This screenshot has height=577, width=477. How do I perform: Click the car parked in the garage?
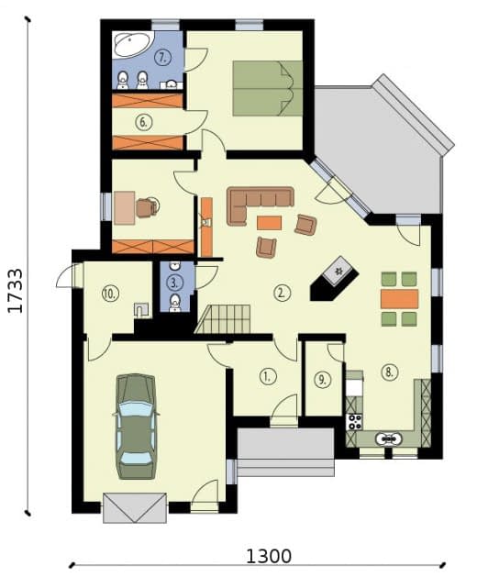(x=136, y=427)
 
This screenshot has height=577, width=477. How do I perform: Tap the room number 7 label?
(x=163, y=58)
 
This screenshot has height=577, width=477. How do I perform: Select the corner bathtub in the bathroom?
(x=132, y=45)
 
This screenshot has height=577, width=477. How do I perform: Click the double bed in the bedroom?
(x=268, y=88)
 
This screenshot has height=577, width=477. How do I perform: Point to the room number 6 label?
(x=143, y=122)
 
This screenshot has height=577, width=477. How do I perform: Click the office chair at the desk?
(x=148, y=207)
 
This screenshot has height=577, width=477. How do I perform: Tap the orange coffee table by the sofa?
(x=269, y=223)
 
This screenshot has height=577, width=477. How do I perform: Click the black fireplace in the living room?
(x=334, y=279)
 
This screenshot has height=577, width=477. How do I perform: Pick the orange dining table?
(x=399, y=299)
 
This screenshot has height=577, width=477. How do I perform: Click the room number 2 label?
(x=282, y=293)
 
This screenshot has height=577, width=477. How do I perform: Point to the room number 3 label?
(x=174, y=283)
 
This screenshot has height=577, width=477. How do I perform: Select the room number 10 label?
(x=110, y=294)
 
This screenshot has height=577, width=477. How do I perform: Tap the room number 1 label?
(x=268, y=376)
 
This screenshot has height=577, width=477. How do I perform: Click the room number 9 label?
(x=322, y=380)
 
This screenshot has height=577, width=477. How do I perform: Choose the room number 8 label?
(x=390, y=372)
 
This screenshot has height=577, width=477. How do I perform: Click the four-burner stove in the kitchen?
(x=354, y=422)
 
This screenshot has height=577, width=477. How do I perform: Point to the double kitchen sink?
(x=389, y=438)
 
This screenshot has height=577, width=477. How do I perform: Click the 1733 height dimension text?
(x=16, y=291)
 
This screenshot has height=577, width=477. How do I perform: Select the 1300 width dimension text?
(x=268, y=557)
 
